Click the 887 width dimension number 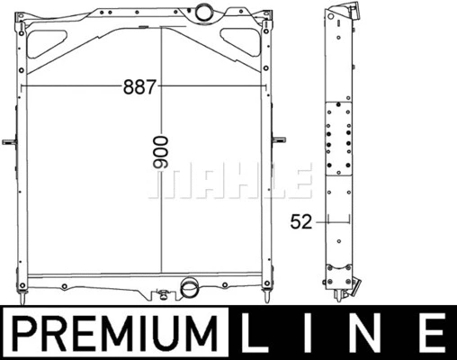coord(139,86)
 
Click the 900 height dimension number coord(161,152)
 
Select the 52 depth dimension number coord(301,222)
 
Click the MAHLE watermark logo coord(230,181)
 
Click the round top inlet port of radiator coord(204,11)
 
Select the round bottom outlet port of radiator coord(189,286)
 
